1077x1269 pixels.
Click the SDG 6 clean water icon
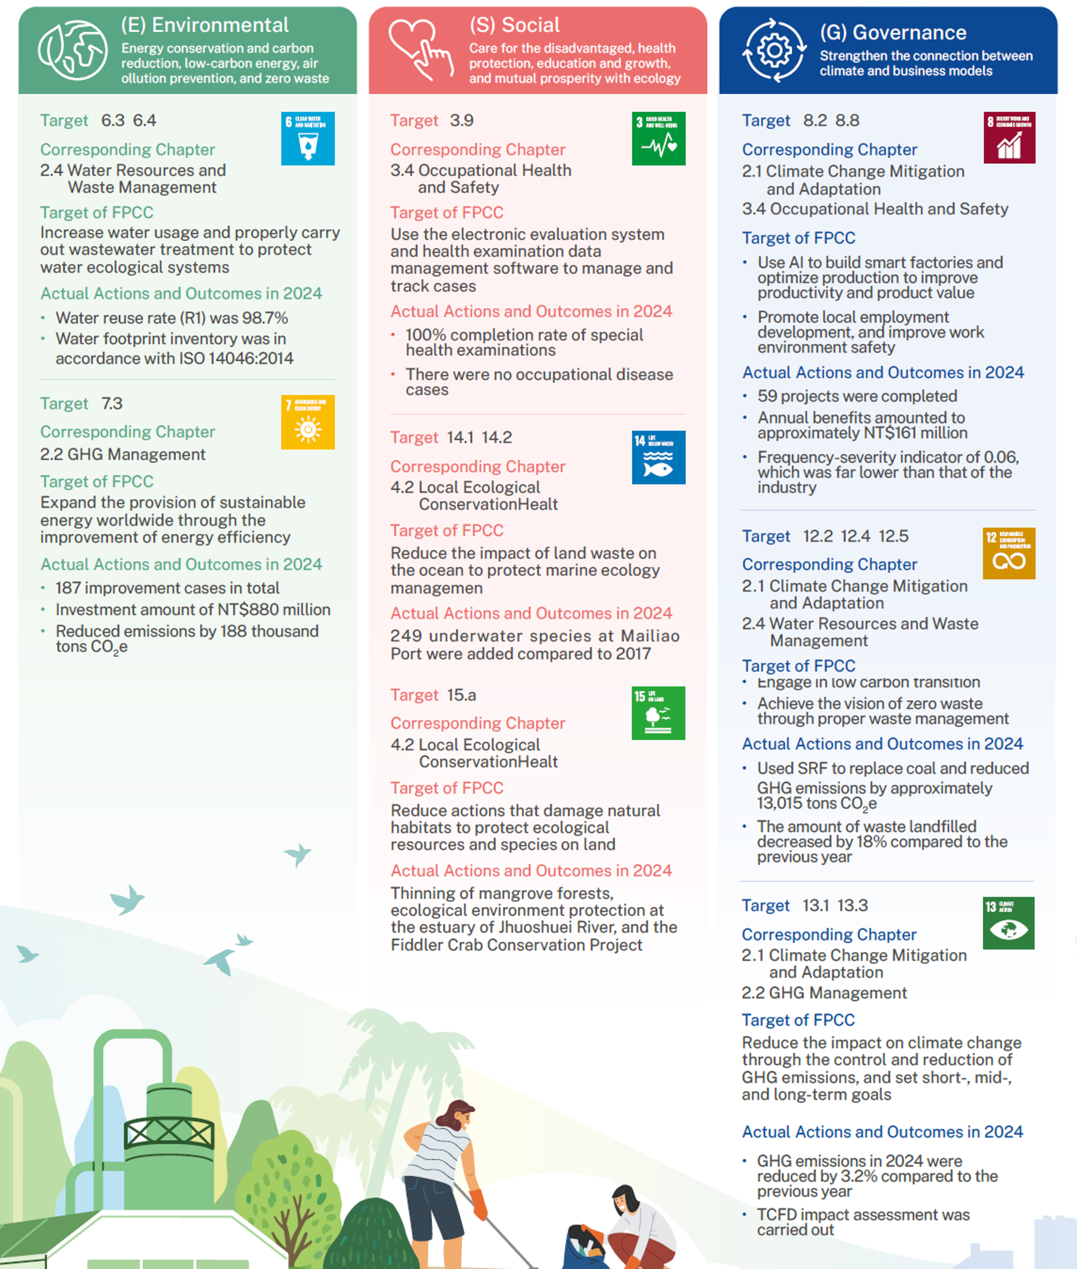tap(308, 139)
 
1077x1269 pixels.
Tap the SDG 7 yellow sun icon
tap(308, 422)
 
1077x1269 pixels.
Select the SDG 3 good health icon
tap(658, 139)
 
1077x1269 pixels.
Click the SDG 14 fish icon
tap(658, 458)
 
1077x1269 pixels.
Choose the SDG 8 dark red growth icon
tap(1008, 138)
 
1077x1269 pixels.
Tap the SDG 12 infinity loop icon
tap(1008, 553)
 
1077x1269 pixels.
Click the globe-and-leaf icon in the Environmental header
tap(73, 50)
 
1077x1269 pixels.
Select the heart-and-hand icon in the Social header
tap(421, 49)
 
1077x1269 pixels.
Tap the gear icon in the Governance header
tap(773, 50)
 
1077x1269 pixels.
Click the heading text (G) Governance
tap(893, 32)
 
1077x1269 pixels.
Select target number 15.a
tap(461, 695)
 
